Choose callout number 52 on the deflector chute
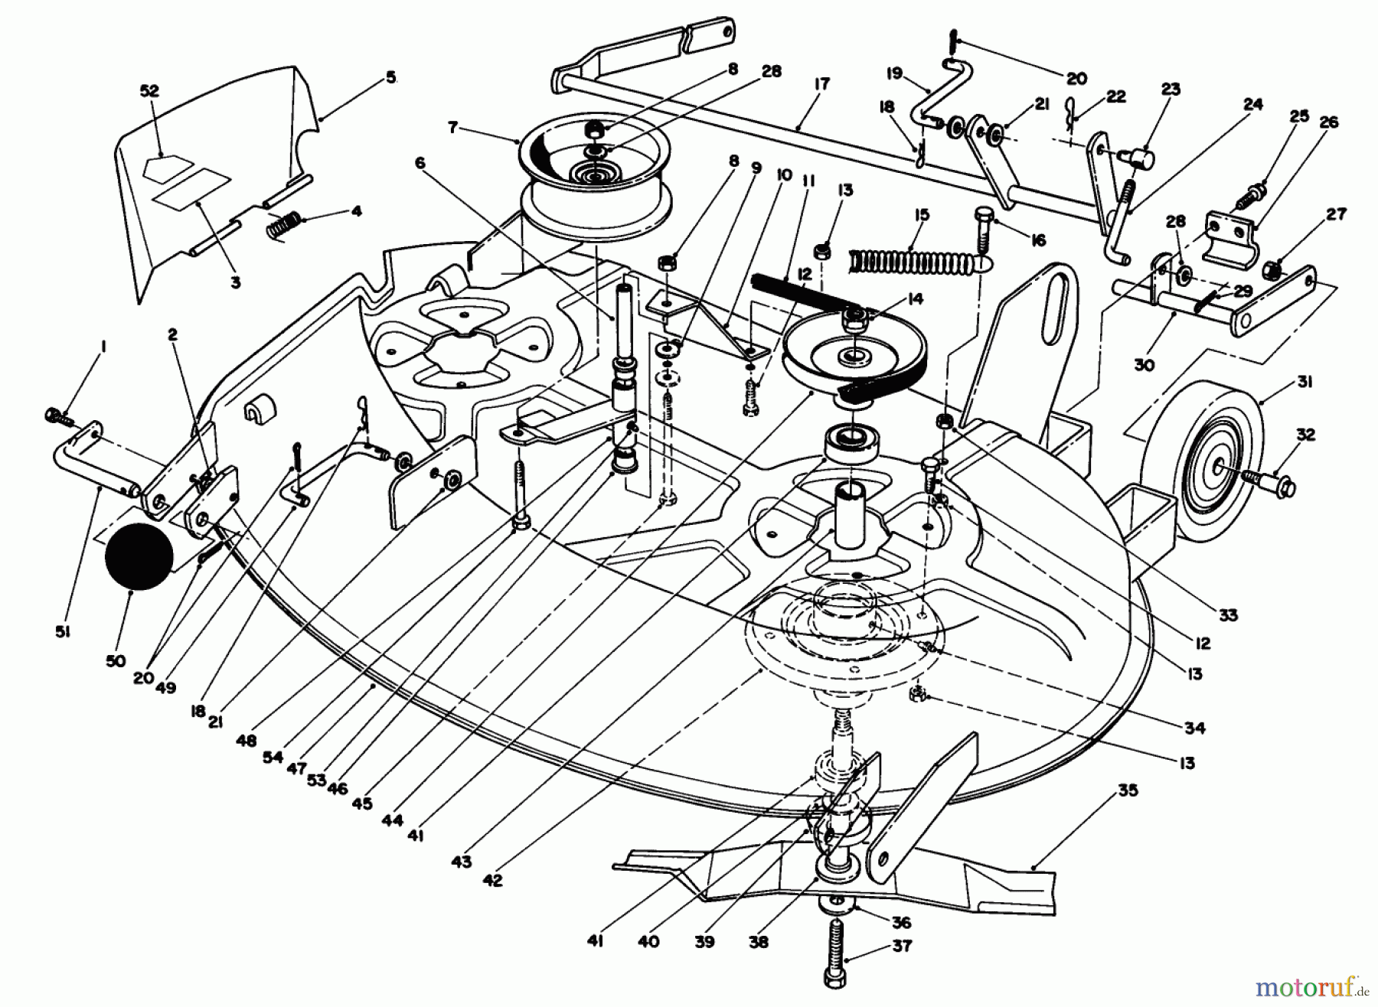tap(149, 91)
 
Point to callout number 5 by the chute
tap(391, 77)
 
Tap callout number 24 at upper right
tap(1252, 105)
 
